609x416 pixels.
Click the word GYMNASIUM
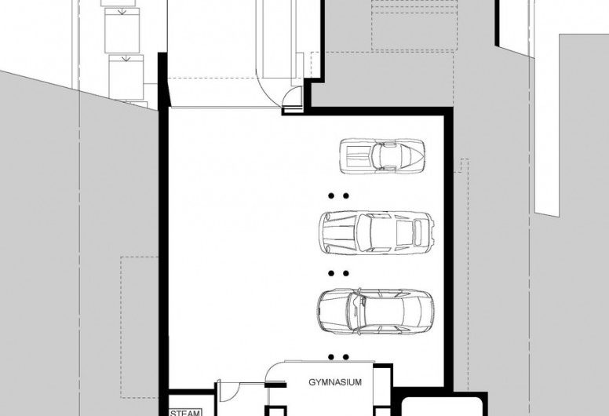[335, 382]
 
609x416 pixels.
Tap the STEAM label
[185, 413]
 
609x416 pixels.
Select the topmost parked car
[381, 156]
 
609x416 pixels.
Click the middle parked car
[377, 232]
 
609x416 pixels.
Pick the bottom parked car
[376, 312]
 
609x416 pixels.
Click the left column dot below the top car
[331, 196]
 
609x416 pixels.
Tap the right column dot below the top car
[345, 196]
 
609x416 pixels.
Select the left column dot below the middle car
[331, 273]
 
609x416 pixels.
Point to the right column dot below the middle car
[345, 273]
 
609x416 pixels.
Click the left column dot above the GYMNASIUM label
[331, 356]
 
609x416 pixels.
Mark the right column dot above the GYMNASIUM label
[345, 356]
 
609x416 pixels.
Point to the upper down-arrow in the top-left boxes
[122, 12]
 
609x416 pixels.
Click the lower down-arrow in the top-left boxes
[126, 59]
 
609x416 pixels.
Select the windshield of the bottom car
[356, 311]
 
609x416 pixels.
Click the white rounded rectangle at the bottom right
[442, 407]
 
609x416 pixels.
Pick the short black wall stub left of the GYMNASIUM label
[275, 385]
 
